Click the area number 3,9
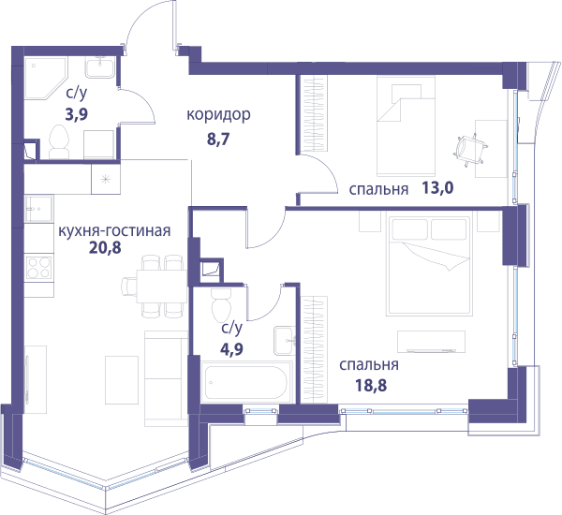pyautogui.click(x=77, y=114)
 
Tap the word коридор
pyautogui.click(x=218, y=114)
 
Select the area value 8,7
pyautogui.click(x=218, y=140)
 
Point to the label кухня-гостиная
pyautogui.click(x=114, y=230)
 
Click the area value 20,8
pyautogui.click(x=105, y=247)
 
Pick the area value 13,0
pyautogui.click(x=437, y=187)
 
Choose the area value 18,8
pyautogui.click(x=371, y=386)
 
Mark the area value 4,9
pyautogui.click(x=231, y=348)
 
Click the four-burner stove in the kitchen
pyautogui.click(x=38, y=268)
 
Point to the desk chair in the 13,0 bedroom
pyautogui.click(x=470, y=148)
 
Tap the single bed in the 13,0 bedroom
pyautogui.click(x=406, y=125)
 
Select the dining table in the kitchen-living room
pyautogui.click(x=162, y=287)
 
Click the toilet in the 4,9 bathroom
pyautogui.click(x=221, y=305)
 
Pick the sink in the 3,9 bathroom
pyautogui.click(x=100, y=67)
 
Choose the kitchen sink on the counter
pyautogui.click(x=38, y=209)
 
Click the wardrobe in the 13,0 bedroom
pyautogui.click(x=312, y=113)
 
